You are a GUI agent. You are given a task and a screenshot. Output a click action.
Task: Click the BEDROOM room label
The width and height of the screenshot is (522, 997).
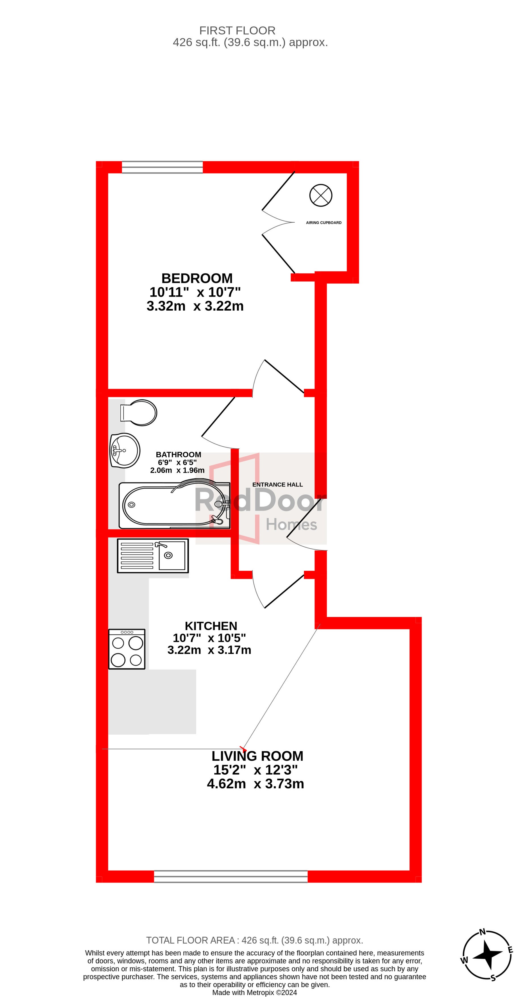click(197, 278)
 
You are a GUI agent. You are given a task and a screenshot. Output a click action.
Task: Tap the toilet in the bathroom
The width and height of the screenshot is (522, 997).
click(138, 413)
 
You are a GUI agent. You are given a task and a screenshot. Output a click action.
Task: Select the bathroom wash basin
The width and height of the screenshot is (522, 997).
click(125, 450)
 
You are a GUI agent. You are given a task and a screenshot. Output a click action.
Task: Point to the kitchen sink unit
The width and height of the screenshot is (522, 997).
click(153, 556)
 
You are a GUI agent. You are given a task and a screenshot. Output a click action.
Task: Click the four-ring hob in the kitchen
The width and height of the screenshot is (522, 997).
click(127, 649)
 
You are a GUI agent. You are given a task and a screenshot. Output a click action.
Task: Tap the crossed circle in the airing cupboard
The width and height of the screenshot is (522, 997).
click(321, 195)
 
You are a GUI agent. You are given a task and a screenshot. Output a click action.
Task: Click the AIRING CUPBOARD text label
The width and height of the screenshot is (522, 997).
click(324, 223)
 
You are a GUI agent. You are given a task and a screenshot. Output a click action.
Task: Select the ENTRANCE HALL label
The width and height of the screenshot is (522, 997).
click(277, 484)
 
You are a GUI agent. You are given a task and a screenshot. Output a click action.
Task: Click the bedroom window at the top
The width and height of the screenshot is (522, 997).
click(162, 167)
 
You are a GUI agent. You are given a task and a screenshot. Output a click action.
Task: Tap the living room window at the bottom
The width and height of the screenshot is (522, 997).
click(230, 877)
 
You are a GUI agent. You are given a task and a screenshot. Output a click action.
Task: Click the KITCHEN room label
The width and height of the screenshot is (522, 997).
click(211, 626)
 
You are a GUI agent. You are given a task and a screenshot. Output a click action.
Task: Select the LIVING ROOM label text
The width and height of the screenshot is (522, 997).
click(257, 756)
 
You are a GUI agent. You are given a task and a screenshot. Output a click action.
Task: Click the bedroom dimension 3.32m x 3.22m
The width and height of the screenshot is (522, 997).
click(195, 306)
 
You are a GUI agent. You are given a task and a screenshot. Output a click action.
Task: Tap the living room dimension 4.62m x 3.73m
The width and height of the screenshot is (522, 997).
click(255, 784)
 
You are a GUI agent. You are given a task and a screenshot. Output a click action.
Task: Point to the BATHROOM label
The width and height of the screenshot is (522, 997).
click(178, 454)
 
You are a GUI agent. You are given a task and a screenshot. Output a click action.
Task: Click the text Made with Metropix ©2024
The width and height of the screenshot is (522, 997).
click(255, 992)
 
